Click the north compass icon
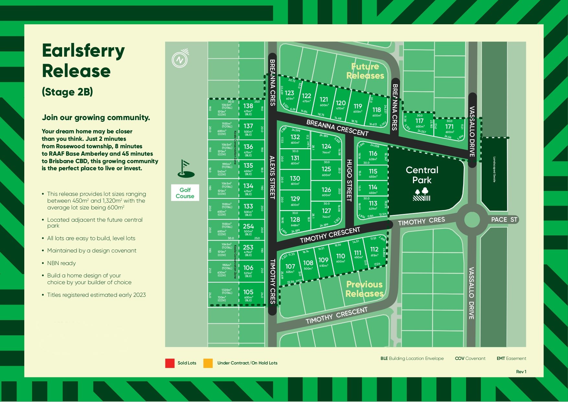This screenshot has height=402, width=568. pyautogui.click(x=180, y=59)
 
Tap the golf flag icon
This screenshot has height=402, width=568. pyautogui.click(x=186, y=169)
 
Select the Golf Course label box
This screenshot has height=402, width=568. pyautogui.click(x=185, y=193)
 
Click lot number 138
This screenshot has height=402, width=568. pyautogui.click(x=248, y=106)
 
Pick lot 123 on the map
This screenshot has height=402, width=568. pyautogui.click(x=289, y=93)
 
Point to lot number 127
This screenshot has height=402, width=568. pyautogui.click(x=326, y=211)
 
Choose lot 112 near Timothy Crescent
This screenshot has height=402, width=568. pyautogui.click(x=374, y=250)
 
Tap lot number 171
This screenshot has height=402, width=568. pyautogui.click(x=449, y=127)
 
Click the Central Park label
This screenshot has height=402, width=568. pyautogui.click(x=422, y=175)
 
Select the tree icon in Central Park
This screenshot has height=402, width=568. pyautogui.click(x=422, y=195)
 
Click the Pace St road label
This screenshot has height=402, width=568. pyautogui.click(x=504, y=220)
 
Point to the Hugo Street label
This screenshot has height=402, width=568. pyautogui.click(x=349, y=180)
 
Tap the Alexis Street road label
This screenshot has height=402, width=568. pyautogui.click(x=272, y=177)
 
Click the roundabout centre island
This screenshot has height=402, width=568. pyautogui.click(x=472, y=220)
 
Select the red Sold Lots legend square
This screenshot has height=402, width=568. pyautogui.click(x=170, y=363)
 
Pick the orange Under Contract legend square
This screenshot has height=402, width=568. pyautogui.click(x=208, y=363)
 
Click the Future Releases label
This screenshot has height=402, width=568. pyautogui.click(x=365, y=71)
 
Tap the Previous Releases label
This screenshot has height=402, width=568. pyautogui.click(x=364, y=289)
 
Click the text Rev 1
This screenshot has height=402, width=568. pyautogui.click(x=521, y=372)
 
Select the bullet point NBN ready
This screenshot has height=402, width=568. pyautogui.click(x=61, y=263)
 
